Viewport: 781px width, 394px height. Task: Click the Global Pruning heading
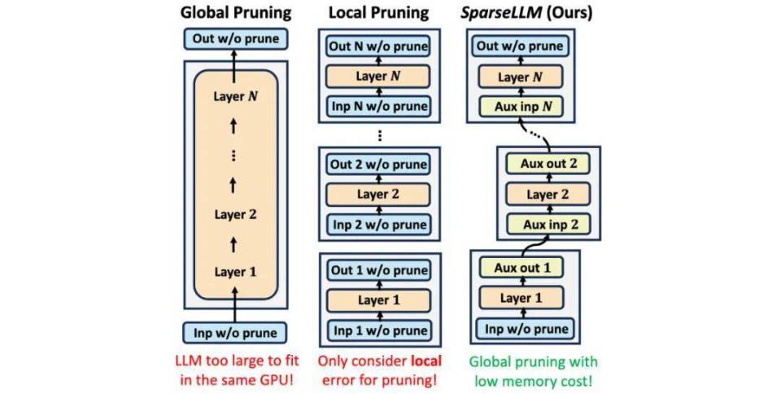pyautogui.click(x=236, y=13)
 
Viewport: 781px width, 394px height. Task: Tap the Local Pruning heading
pyautogui.click(x=378, y=13)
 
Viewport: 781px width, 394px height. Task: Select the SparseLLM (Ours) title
pyautogui.click(x=527, y=13)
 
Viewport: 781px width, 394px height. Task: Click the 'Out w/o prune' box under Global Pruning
pyautogui.click(x=236, y=39)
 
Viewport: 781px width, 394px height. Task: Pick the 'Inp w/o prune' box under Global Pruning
pyautogui.click(x=234, y=333)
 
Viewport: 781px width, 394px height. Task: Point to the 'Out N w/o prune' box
pyautogui.click(x=378, y=46)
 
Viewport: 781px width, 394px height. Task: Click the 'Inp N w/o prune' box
pyautogui.click(x=378, y=106)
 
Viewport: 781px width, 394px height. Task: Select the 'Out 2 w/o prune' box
pyautogui.click(x=378, y=164)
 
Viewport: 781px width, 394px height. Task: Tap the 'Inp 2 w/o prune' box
pyautogui.click(x=378, y=225)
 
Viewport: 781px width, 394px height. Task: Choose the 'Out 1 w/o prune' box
pyautogui.click(x=379, y=270)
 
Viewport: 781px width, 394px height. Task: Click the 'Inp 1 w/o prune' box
pyautogui.click(x=379, y=331)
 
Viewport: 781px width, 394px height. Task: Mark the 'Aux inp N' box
pyautogui.click(x=521, y=107)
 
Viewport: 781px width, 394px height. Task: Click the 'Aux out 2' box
pyautogui.click(x=548, y=164)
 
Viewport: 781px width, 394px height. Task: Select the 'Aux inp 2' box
pyautogui.click(x=548, y=225)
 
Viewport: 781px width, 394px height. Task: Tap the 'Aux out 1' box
pyautogui.click(x=521, y=268)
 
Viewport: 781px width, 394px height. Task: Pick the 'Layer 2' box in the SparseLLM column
pyautogui.click(x=548, y=195)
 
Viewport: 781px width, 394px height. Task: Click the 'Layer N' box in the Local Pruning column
pyautogui.click(x=378, y=77)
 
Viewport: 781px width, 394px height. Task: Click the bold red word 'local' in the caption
pyautogui.click(x=425, y=361)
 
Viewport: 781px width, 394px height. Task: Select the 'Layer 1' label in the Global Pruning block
pyautogui.click(x=235, y=272)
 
